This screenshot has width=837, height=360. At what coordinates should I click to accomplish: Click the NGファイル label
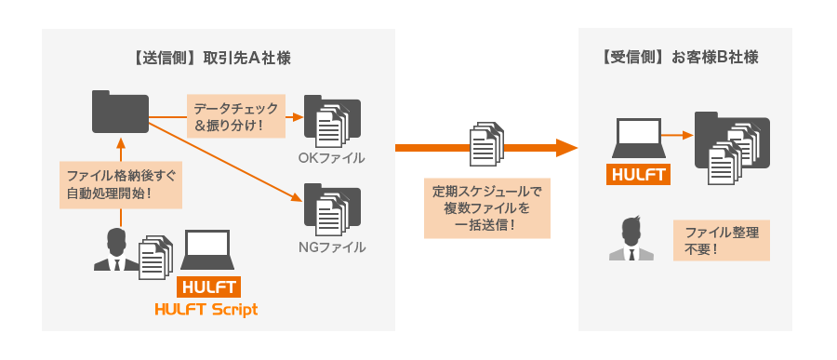331,247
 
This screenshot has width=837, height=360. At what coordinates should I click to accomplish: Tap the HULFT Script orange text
206,309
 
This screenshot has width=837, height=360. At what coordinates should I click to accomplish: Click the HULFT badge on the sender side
207,287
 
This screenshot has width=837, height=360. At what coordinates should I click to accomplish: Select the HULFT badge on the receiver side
638,174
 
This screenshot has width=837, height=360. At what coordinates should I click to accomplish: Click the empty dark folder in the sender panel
121,111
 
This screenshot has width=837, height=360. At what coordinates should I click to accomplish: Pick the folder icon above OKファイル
331,120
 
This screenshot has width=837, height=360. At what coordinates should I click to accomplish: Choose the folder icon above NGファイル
331,209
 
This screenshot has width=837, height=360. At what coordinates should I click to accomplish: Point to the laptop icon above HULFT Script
208,251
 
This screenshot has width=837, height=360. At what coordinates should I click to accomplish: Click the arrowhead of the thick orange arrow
568,147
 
